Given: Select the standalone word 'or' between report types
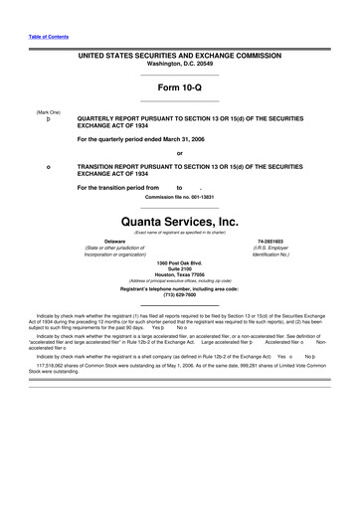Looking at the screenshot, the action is click(179, 152).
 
